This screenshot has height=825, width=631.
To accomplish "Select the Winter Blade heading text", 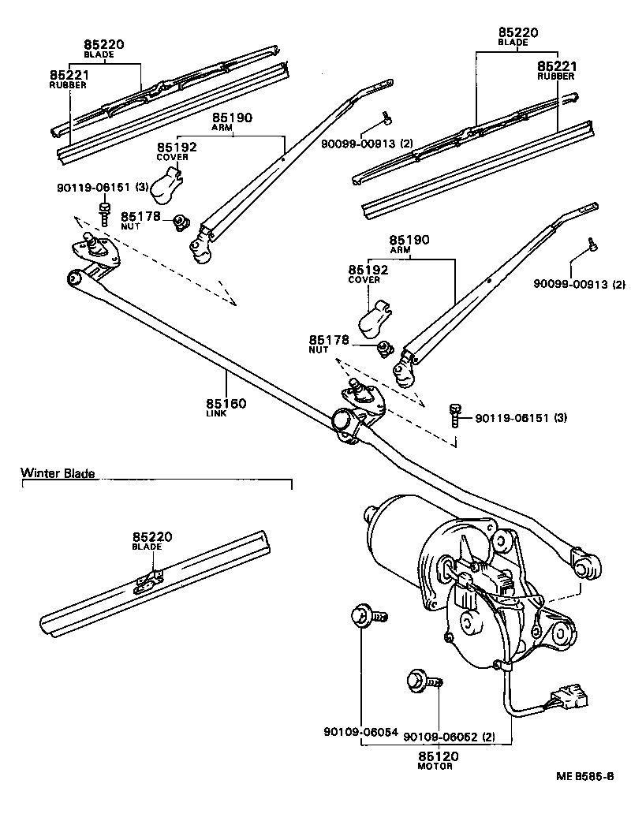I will point(58,474).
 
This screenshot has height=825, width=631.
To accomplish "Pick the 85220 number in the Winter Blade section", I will point(152,536).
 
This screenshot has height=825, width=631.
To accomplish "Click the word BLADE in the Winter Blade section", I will point(147,547).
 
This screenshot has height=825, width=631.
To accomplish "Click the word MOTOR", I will point(437,766).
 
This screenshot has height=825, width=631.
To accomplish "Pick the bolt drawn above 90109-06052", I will point(423,679).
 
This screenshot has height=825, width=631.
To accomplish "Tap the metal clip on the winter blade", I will point(147,582).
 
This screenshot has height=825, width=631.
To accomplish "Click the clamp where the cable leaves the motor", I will point(498,666).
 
